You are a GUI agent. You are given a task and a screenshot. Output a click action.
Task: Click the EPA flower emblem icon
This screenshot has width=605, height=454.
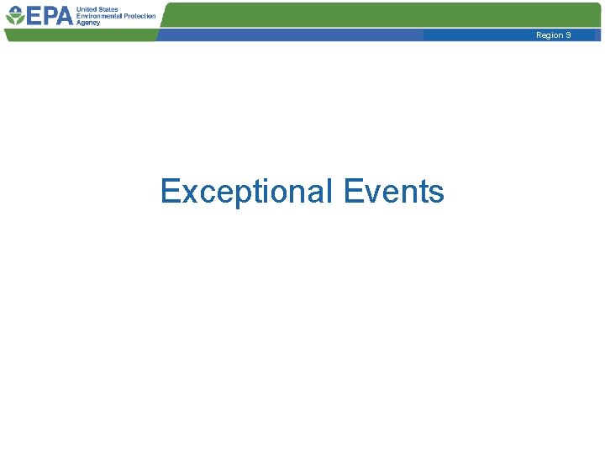click(14, 16)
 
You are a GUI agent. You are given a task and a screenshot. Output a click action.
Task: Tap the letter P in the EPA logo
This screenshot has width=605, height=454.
click(48, 16)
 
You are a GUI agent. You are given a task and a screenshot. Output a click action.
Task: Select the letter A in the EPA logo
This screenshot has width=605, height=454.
click(64, 16)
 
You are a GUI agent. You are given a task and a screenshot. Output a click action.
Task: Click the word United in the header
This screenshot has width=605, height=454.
click(86, 8)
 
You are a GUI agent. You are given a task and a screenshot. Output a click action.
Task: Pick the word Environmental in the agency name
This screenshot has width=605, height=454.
click(97, 16)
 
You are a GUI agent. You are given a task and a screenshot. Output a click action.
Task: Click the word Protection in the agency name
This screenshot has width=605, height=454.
click(138, 16)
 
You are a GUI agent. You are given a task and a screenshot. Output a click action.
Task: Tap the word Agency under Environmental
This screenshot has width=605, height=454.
click(88, 23)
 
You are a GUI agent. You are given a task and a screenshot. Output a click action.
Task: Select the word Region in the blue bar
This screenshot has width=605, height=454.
click(549, 35)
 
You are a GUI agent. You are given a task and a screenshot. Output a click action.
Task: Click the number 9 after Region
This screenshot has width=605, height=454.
click(569, 35)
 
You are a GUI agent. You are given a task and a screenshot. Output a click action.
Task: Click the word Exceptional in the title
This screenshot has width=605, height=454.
click(247, 192)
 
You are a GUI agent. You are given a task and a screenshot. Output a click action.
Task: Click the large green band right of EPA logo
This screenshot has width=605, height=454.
click(378, 14)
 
